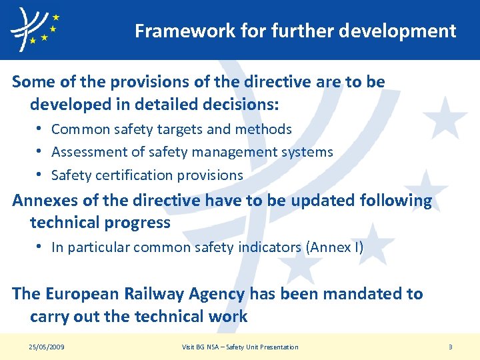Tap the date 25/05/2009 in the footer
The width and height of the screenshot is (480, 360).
pyautogui.click(x=47, y=347)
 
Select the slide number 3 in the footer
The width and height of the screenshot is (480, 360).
pyautogui.click(x=451, y=347)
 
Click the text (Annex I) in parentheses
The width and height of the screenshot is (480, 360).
pyautogui.click(x=335, y=247)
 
